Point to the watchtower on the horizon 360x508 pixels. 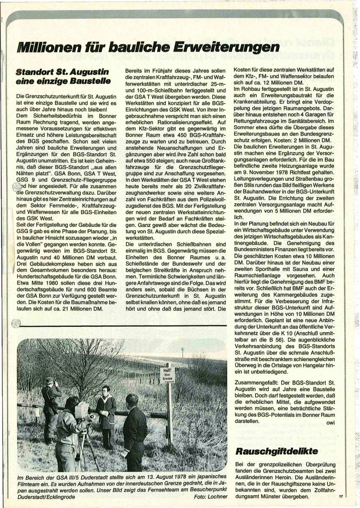(x=183, y=351)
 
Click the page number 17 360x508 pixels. (x=341, y=496)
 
